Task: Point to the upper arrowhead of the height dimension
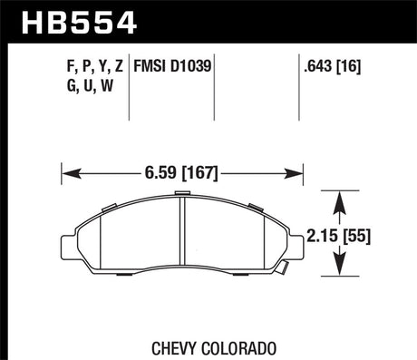point(339,197)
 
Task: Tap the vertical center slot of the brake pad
point(182,234)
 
